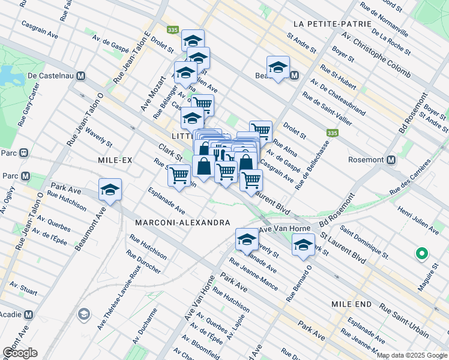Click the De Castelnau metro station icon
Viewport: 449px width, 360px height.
(x=81, y=77)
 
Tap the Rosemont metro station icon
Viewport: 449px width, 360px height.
(x=391, y=160)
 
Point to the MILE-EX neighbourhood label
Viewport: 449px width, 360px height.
(x=114, y=160)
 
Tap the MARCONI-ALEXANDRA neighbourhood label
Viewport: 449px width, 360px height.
(x=182, y=223)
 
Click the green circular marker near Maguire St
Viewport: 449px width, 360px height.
(x=421, y=254)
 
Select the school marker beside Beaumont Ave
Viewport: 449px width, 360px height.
(x=110, y=190)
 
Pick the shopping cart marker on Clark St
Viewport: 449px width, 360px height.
(x=179, y=175)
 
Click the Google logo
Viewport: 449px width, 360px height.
(x=20, y=353)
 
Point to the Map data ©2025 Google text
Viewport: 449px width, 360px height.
(x=412, y=355)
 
